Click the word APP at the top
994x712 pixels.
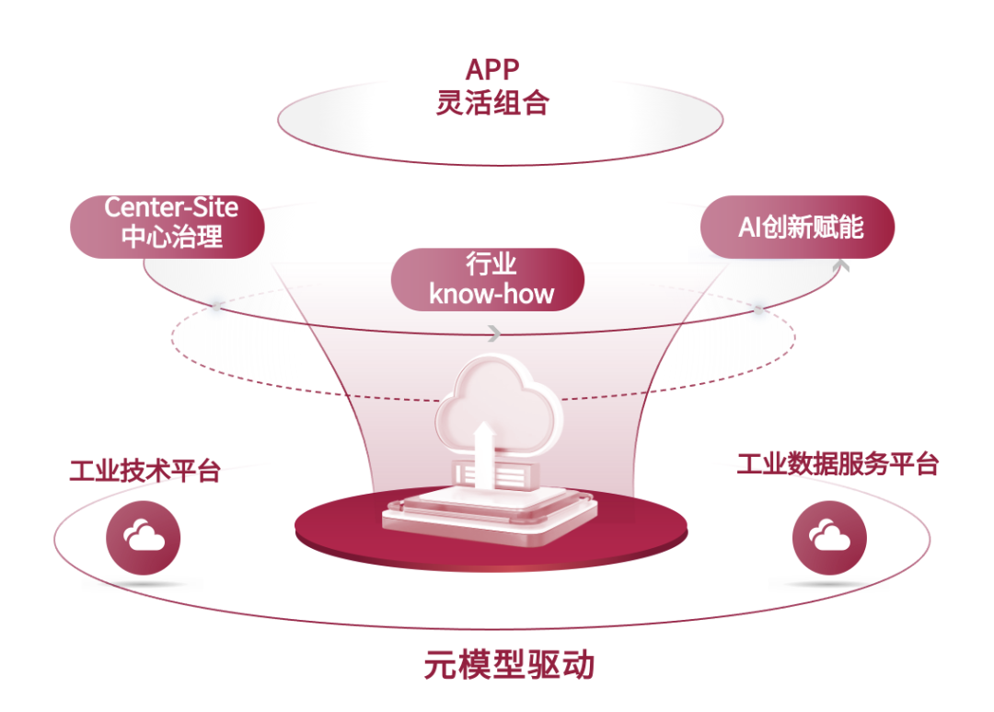492,69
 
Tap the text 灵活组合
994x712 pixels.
492,102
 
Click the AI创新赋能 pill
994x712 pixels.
798,227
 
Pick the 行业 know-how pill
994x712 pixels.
488,279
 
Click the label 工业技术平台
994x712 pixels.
145,471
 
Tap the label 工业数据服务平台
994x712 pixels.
837,463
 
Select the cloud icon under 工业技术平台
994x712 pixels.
144,537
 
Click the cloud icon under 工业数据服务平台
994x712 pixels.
829,536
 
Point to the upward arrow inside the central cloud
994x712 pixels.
481,442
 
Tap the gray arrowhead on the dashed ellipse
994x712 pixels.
495,333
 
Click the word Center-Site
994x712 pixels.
171,208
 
